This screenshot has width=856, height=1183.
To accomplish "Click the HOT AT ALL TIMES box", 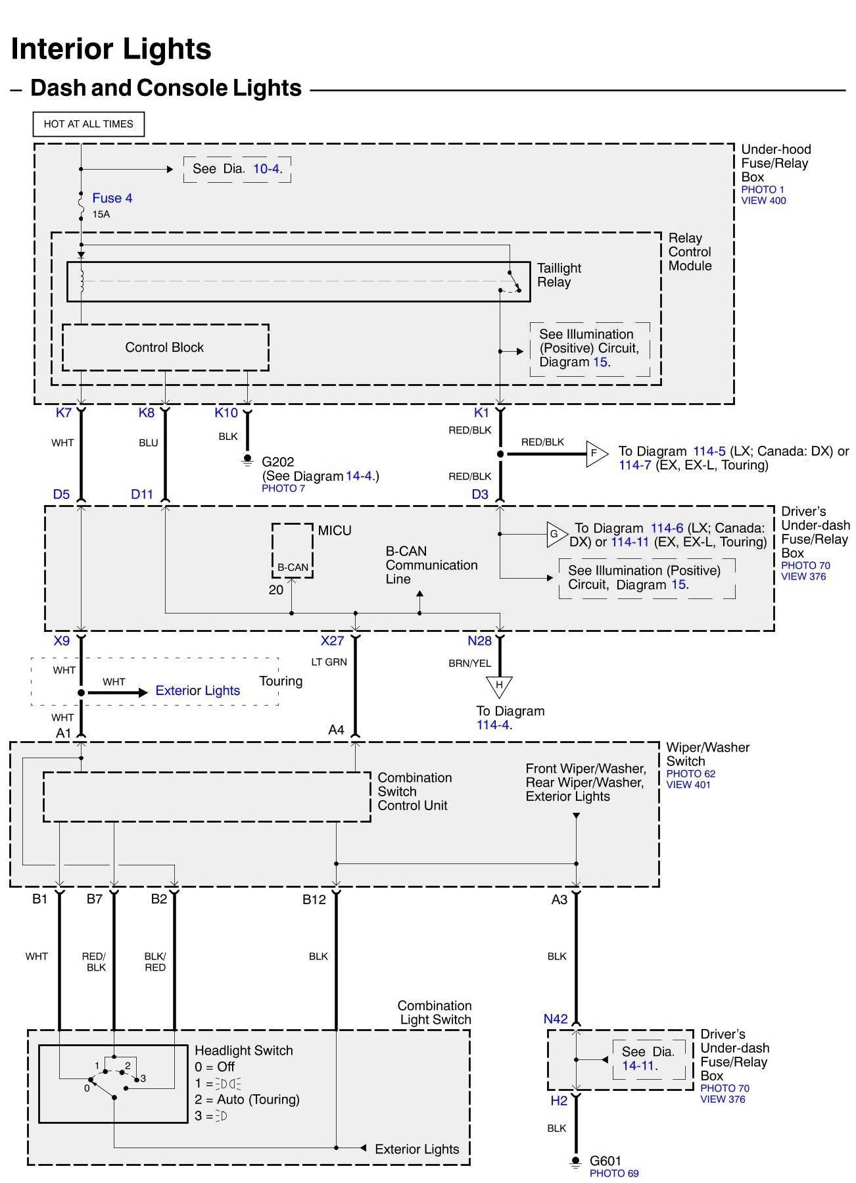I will pos(88,124).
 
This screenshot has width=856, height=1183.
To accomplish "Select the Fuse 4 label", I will pos(112,198).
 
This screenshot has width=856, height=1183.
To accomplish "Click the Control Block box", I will pos(165,347).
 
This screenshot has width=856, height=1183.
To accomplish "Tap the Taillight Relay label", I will pos(559,275).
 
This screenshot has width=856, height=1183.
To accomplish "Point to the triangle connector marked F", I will pos(595,453).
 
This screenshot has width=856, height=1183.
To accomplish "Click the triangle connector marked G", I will pos(556,535).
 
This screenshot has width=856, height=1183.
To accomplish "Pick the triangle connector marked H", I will pos(499,686).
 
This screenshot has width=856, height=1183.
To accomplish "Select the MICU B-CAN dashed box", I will pos(293,551).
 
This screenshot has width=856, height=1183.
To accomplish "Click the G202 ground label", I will pos(278,462).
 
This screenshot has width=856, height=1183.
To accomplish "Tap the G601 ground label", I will pos(605,1161).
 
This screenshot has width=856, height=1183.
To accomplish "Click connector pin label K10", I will pos(226,413).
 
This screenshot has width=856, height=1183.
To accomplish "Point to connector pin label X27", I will pos(332,640).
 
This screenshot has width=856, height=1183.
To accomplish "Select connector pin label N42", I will pos(556,1019).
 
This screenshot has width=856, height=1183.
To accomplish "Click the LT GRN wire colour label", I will pos(329,662).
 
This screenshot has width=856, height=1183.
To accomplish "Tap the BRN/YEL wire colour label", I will pos(470,663).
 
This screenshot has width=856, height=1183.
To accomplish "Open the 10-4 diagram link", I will pos(267,169).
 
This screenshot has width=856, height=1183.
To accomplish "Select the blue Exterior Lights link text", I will pos(197,690).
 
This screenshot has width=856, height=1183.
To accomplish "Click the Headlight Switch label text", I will pos(243,1050).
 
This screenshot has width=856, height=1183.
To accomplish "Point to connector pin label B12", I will pos(314,899).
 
